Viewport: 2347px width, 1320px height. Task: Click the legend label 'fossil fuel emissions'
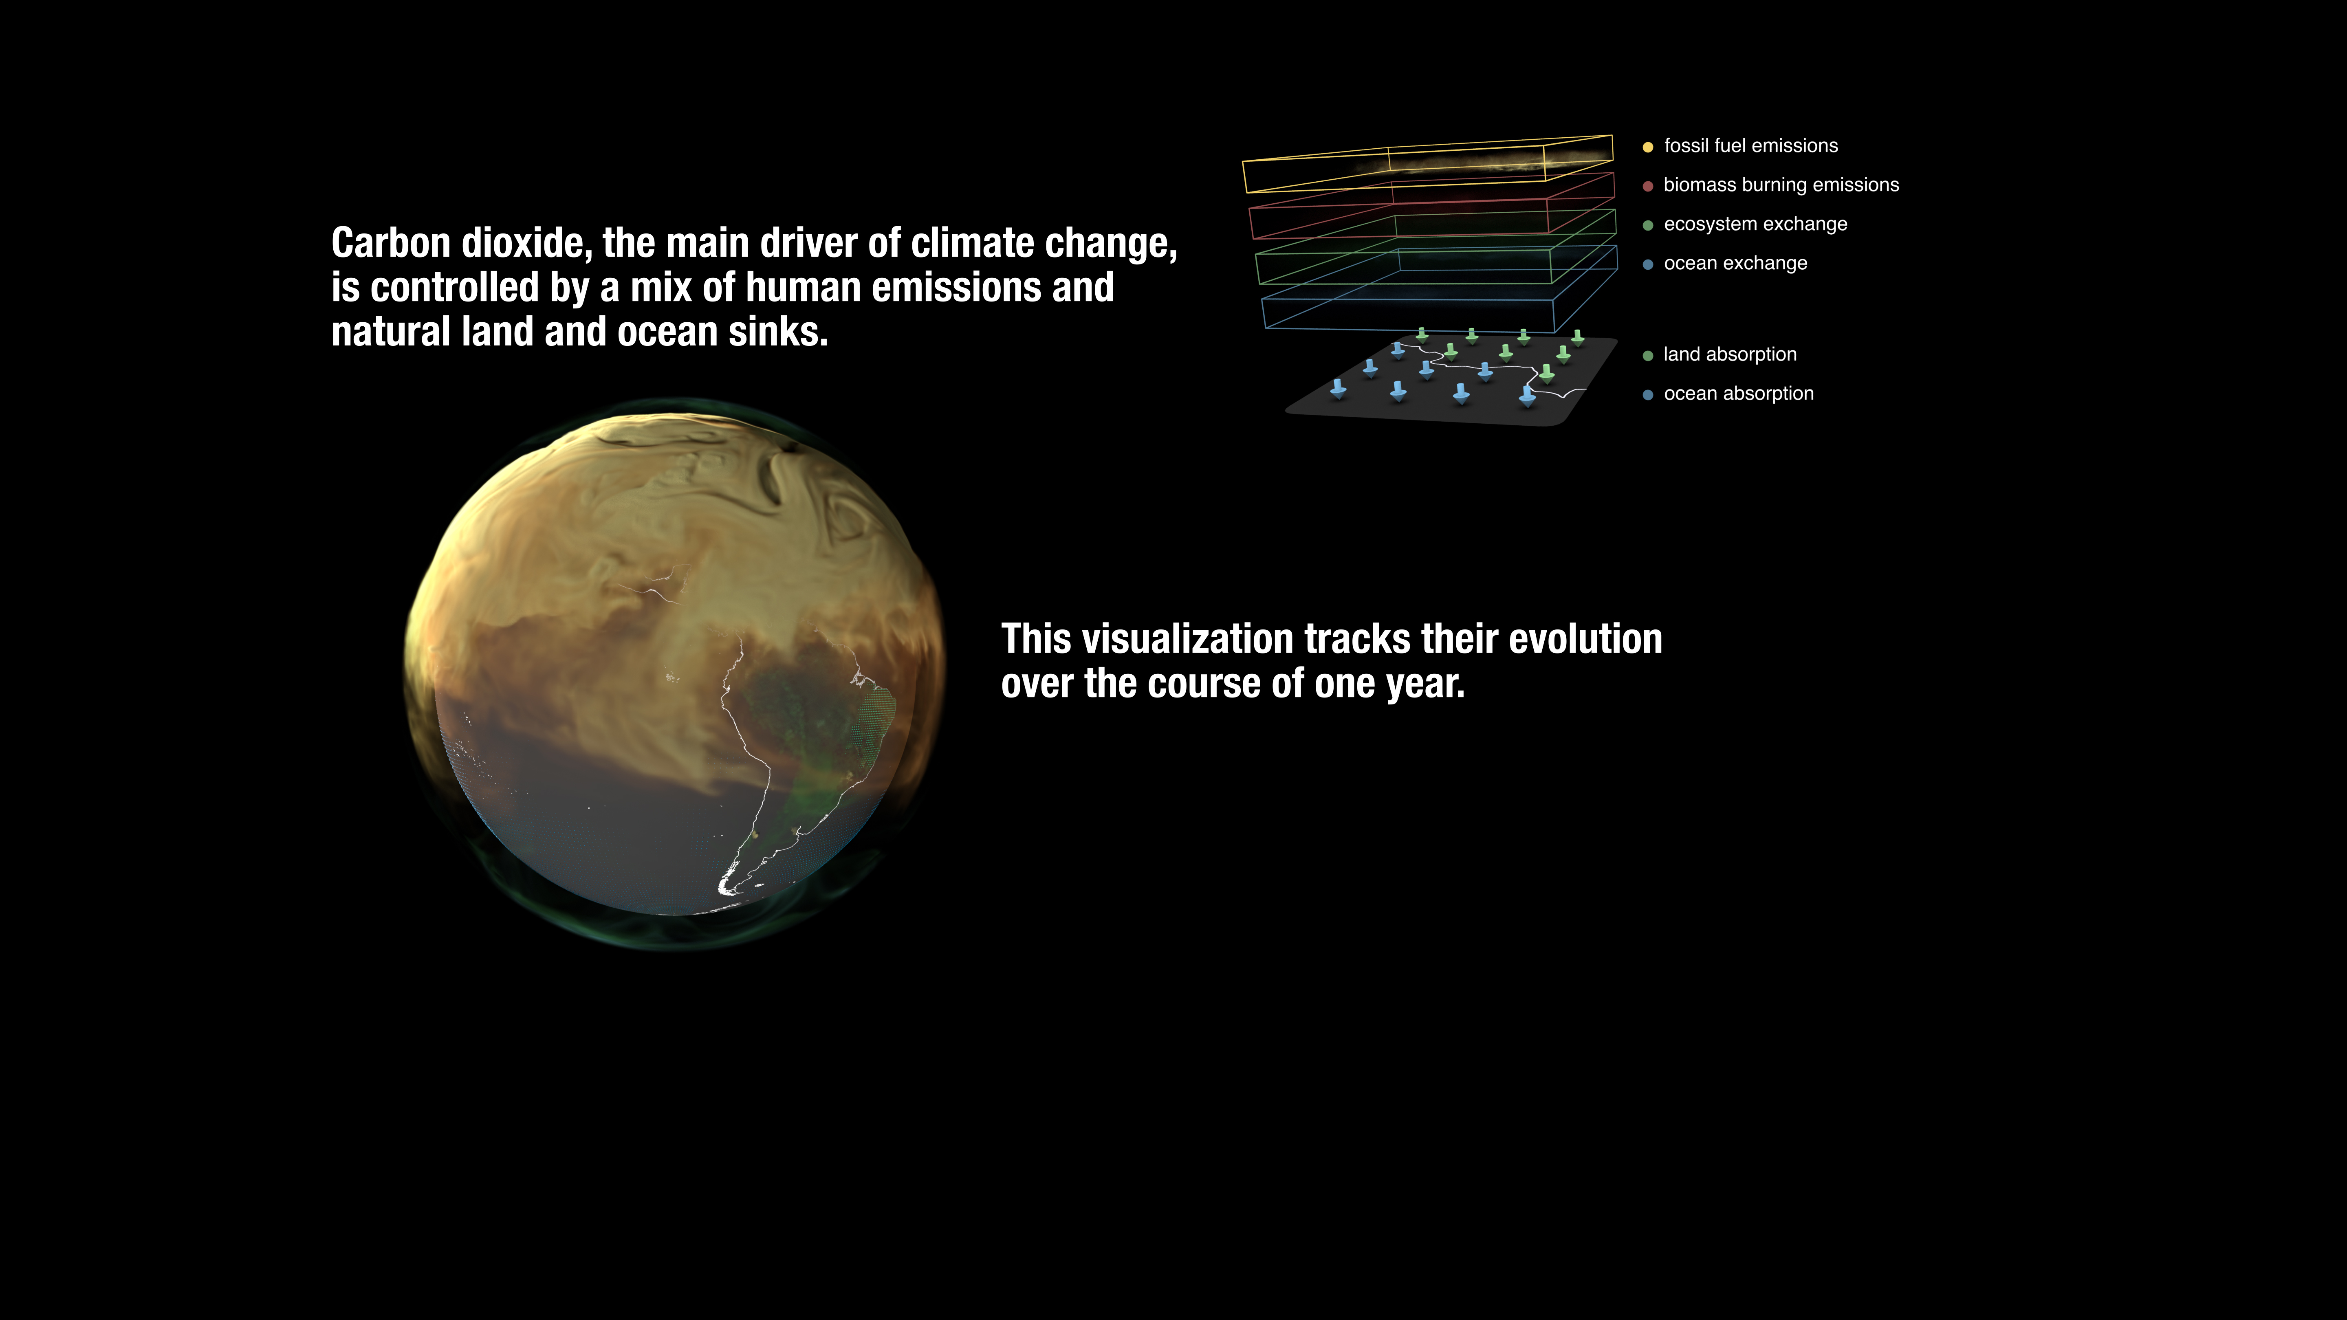[x=1750, y=146]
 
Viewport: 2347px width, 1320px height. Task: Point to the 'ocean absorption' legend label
[x=1738, y=394]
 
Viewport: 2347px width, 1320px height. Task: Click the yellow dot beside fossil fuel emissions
[x=1647, y=147]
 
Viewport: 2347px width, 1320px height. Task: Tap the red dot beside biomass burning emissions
[x=1647, y=186]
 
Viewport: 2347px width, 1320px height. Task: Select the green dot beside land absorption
[x=1647, y=355]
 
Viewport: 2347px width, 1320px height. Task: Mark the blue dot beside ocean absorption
[x=1647, y=394]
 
